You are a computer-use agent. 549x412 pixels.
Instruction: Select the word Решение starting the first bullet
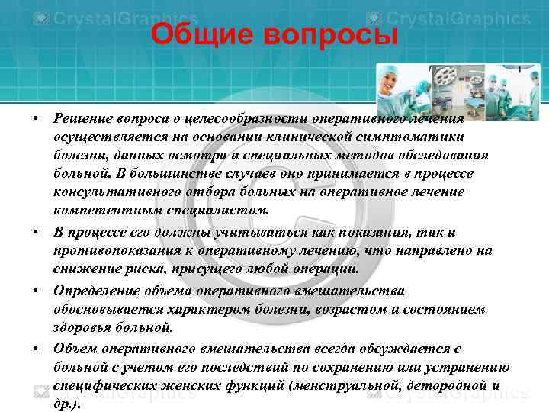pos(83,118)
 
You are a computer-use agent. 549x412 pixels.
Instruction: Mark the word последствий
pos(292,366)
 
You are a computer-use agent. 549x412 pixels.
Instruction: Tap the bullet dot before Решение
pos(36,119)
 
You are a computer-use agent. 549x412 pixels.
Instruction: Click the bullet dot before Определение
pos(36,291)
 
